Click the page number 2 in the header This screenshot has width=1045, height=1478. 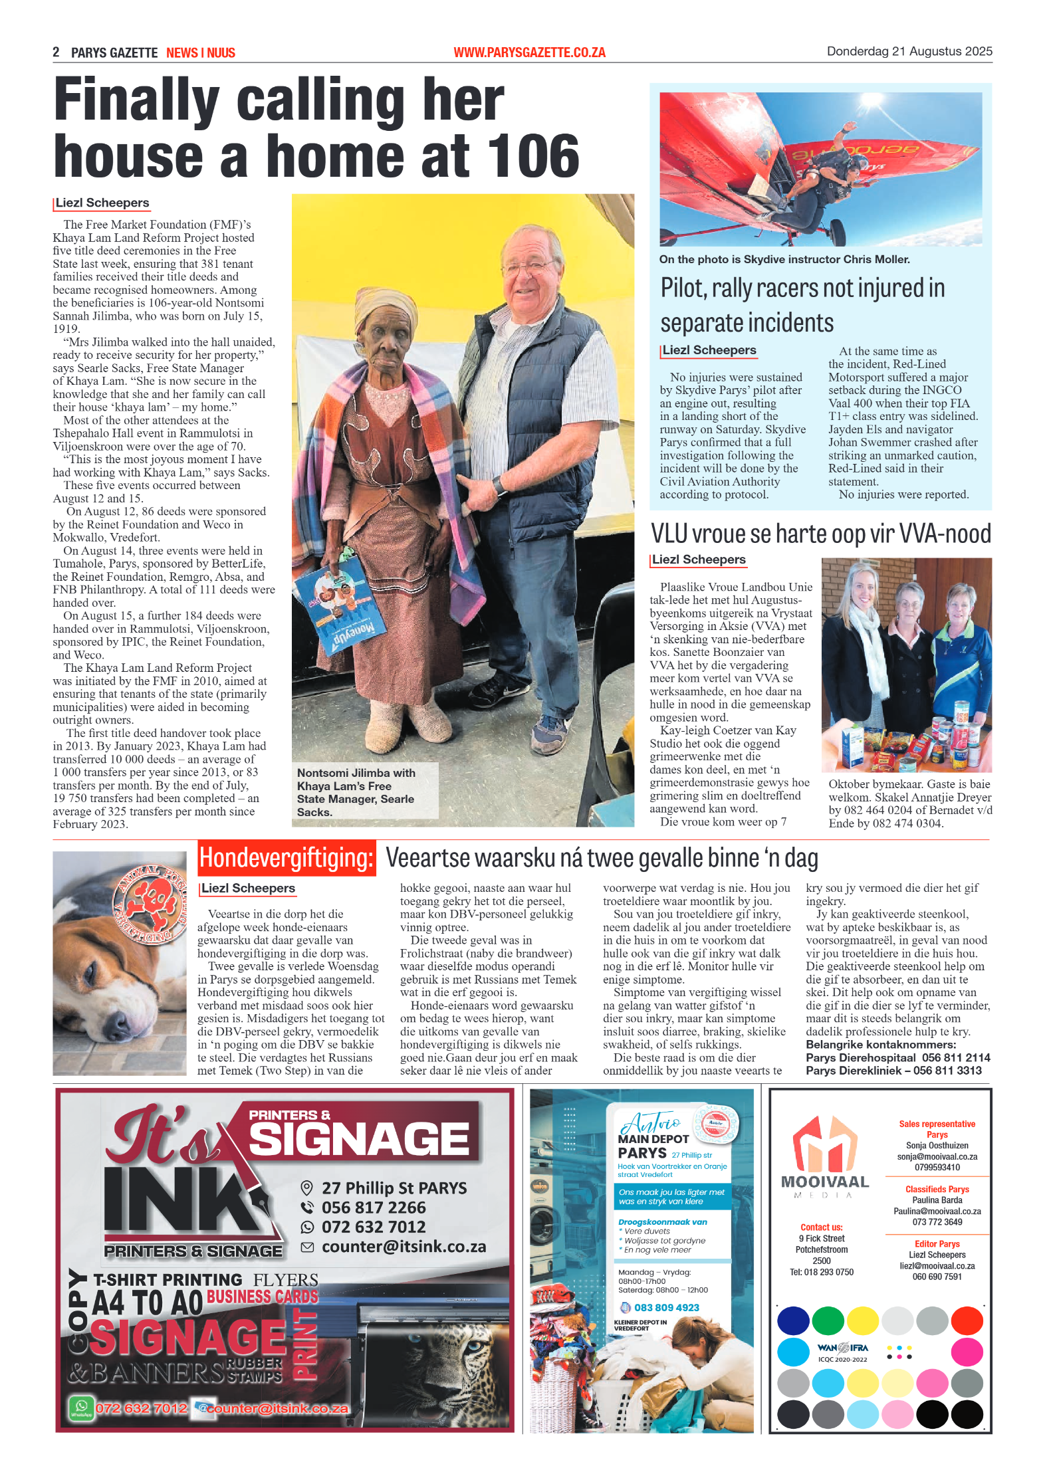[x=57, y=52]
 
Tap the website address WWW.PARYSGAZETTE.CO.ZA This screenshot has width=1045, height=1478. [x=529, y=53]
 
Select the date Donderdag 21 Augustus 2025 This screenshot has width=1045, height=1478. [x=909, y=51]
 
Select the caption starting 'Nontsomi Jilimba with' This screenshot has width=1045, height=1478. [x=357, y=792]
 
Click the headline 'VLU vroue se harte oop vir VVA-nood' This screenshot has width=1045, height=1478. [x=820, y=534]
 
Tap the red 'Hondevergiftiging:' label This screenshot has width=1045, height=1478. [x=287, y=858]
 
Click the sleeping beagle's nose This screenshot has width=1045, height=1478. [x=112, y=1023]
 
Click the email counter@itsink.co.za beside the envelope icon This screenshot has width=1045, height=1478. [x=404, y=1247]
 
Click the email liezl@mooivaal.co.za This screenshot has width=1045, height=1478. [x=937, y=1266]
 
